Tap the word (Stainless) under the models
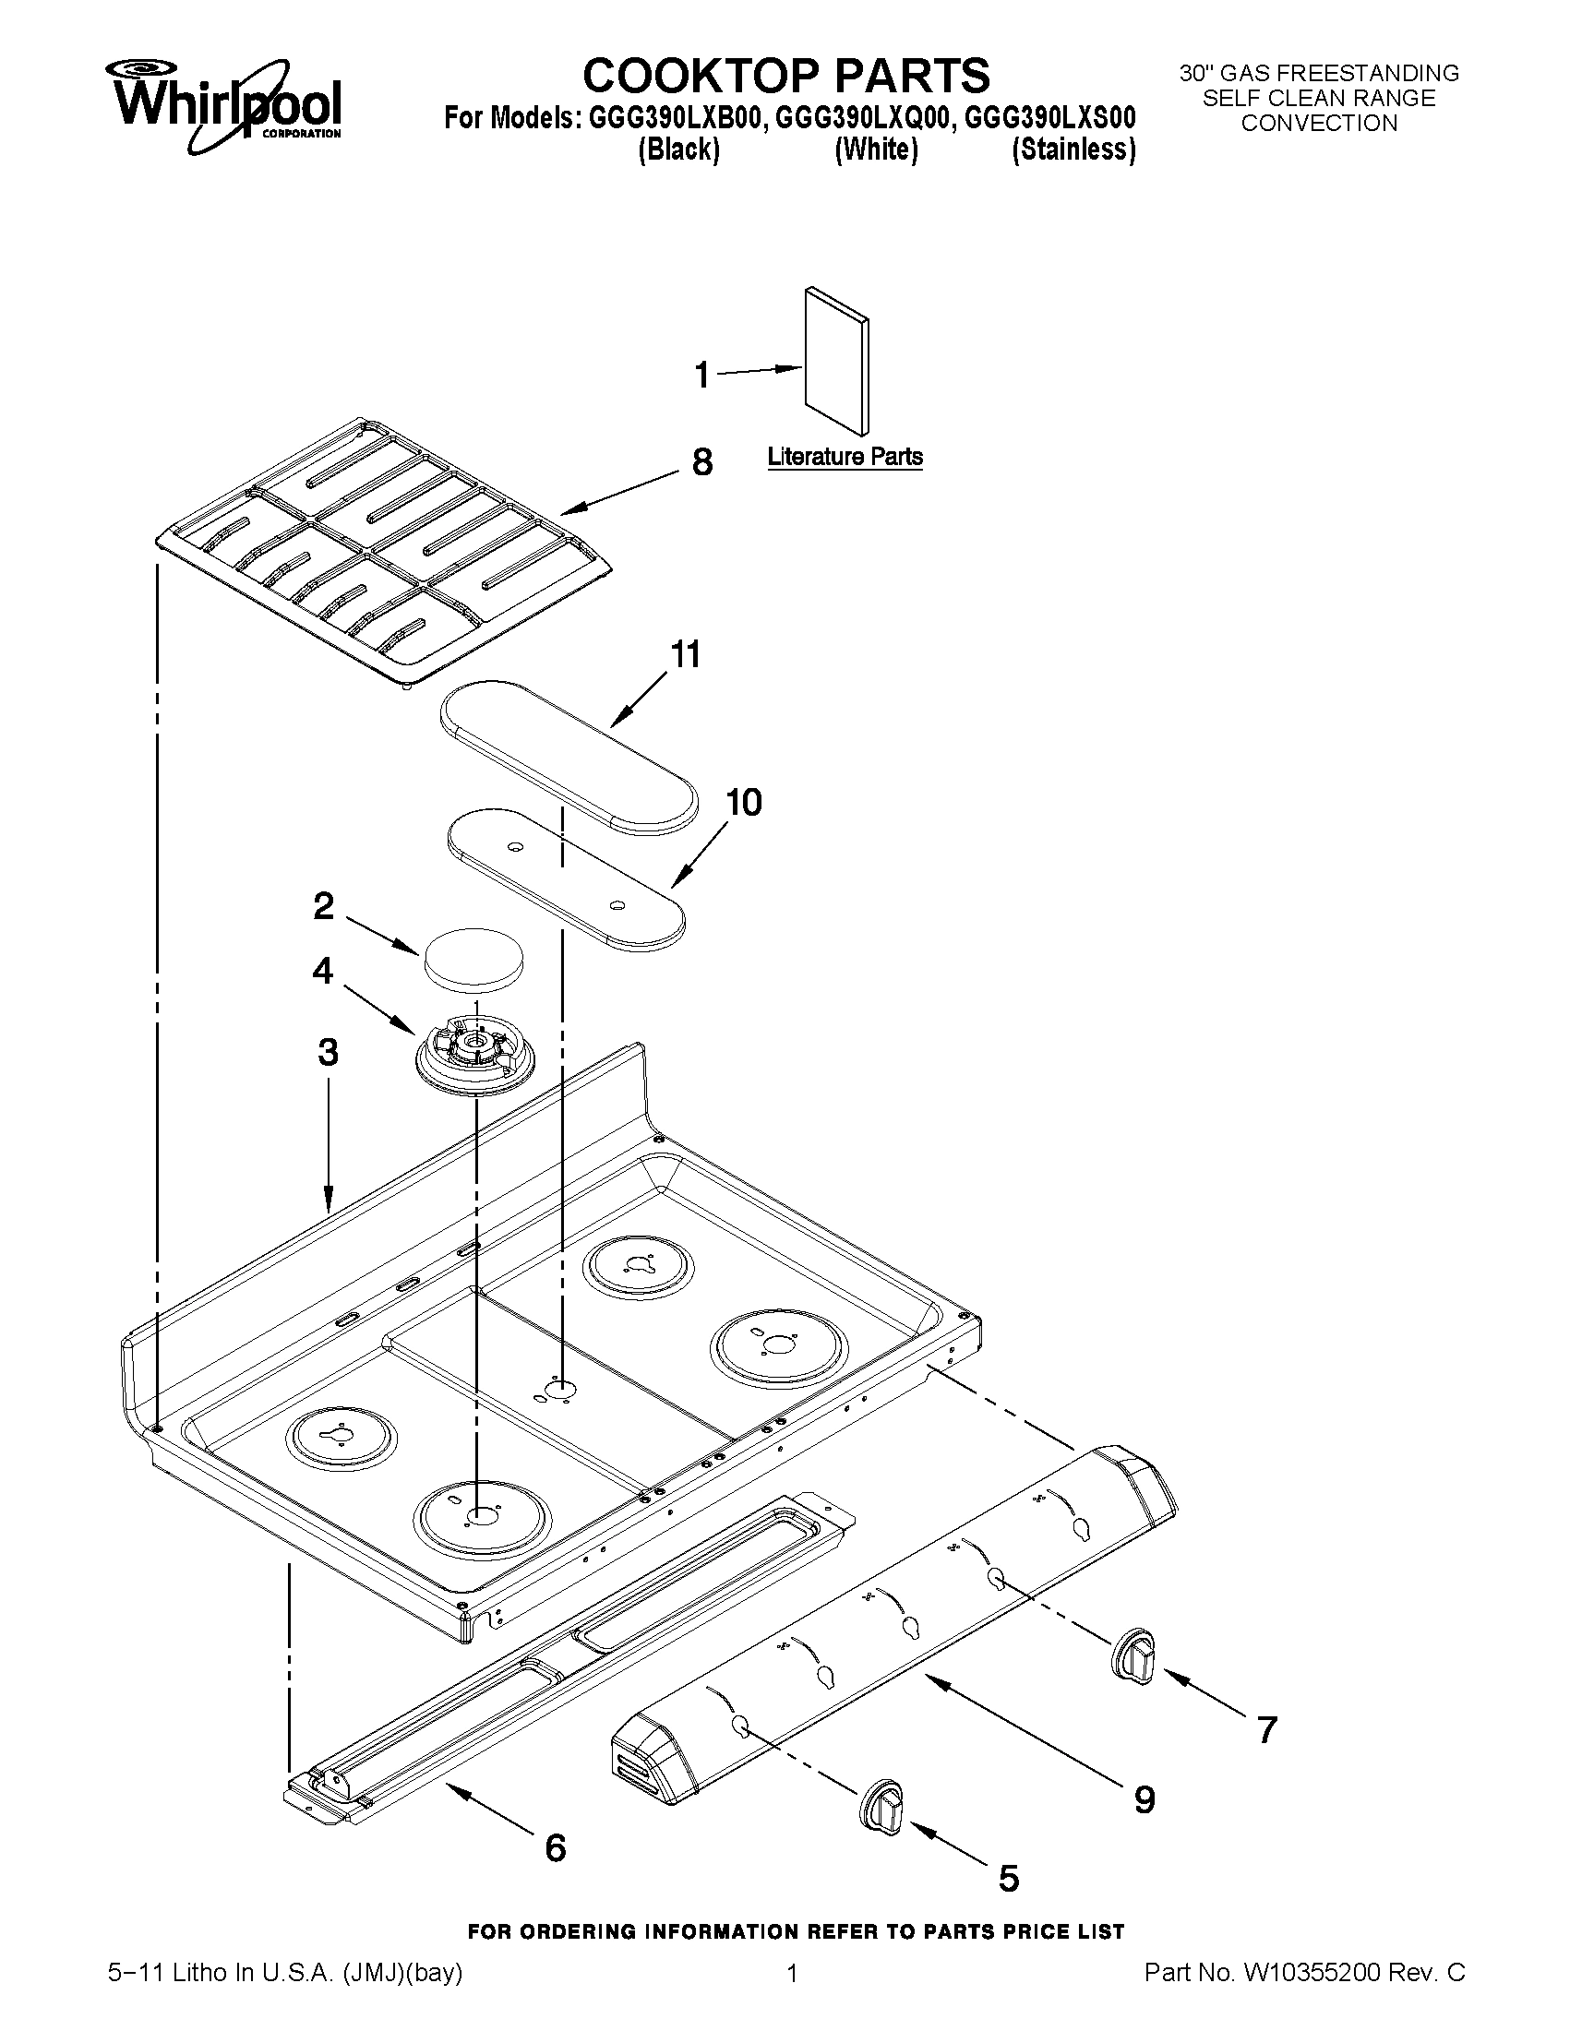[1073, 149]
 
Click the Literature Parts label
[845, 457]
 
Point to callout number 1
[702, 376]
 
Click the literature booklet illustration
[837, 359]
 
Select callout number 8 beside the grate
[702, 461]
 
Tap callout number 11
[686, 654]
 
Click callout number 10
[743, 802]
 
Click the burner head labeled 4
[473, 1055]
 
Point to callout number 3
[328, 1053]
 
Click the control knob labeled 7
[1134, 1655]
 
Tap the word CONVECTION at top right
[1319, 124]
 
